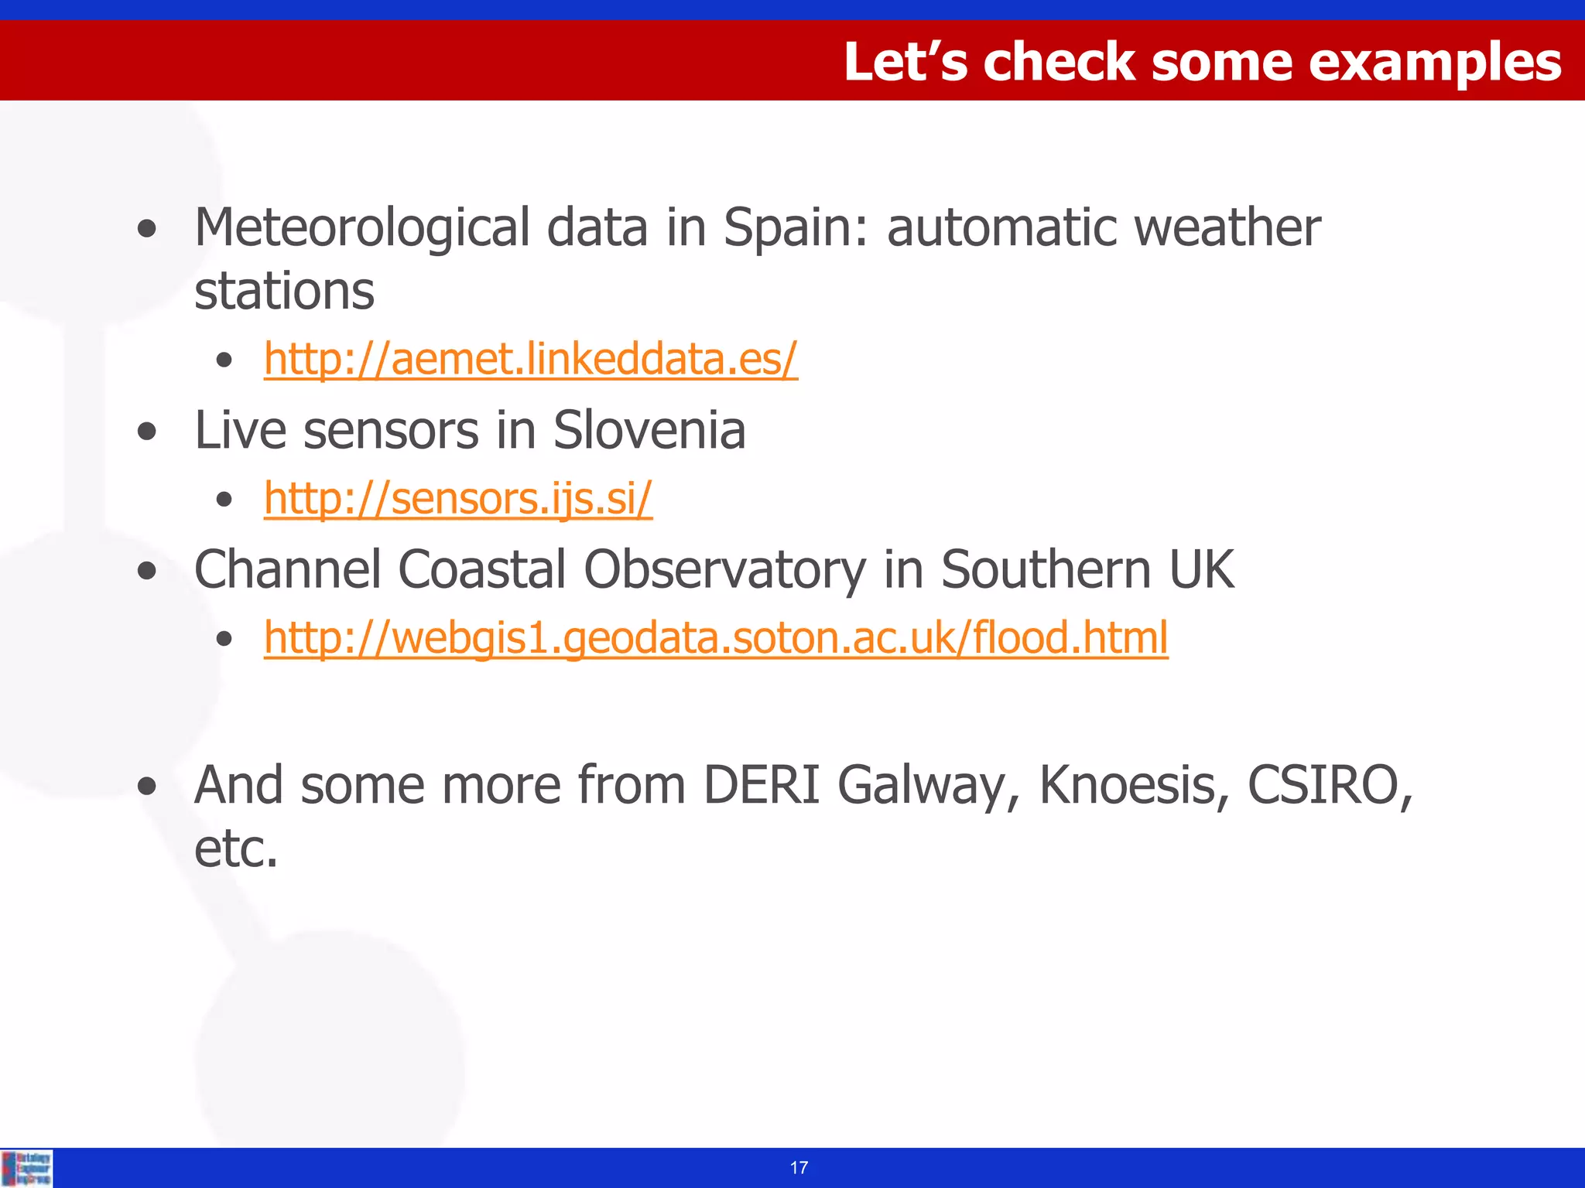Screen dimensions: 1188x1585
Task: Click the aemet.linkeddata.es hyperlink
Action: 530,360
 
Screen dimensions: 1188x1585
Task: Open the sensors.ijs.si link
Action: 458,498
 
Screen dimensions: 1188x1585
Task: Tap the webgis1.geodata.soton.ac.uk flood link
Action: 716,638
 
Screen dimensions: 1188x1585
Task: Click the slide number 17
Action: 799,1168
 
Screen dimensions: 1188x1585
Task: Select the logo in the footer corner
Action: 27,1168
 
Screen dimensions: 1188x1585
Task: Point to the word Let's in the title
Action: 905,62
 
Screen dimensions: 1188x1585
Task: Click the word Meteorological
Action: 362,228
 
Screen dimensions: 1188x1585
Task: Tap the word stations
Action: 284,292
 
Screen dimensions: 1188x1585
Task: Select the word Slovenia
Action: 649,431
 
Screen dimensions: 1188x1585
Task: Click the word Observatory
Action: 724,570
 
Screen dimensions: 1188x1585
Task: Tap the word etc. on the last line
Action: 235,849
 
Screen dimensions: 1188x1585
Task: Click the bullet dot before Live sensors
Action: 146,432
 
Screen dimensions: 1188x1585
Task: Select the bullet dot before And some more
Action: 146,787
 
